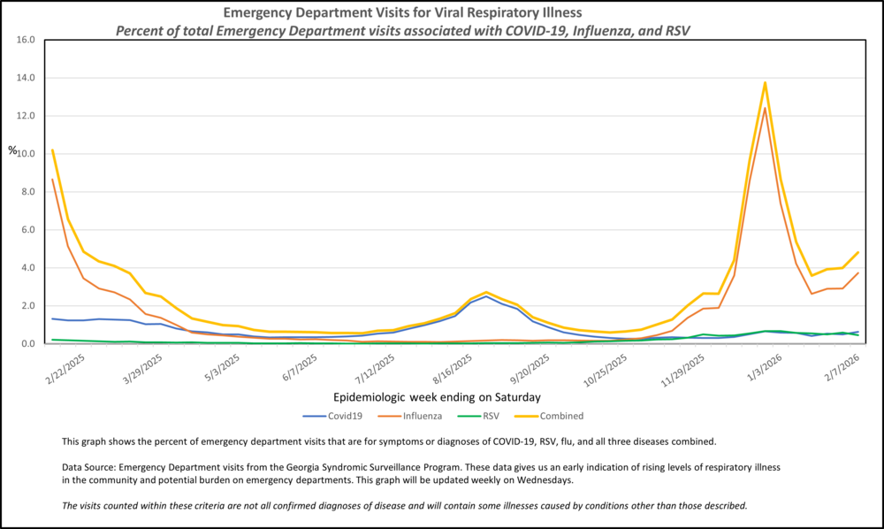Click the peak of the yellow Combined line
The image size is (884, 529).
765,82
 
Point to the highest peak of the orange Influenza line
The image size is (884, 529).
765,108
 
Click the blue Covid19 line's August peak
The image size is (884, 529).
486,296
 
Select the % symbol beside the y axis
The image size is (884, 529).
12,150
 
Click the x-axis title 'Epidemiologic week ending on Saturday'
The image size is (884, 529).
438,396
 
